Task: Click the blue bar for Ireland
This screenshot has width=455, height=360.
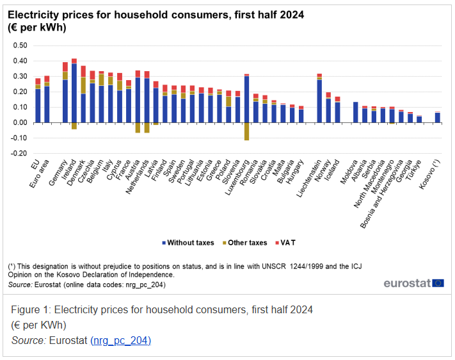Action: click(74, 93)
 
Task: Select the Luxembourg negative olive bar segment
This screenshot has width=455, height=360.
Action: click(246, 131)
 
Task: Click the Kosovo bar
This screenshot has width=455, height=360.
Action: click(438, 117)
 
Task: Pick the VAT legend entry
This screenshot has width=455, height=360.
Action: click(286, 243)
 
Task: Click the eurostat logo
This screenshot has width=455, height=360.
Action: click(413, 282)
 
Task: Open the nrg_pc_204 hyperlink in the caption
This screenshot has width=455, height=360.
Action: click(120, 340)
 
